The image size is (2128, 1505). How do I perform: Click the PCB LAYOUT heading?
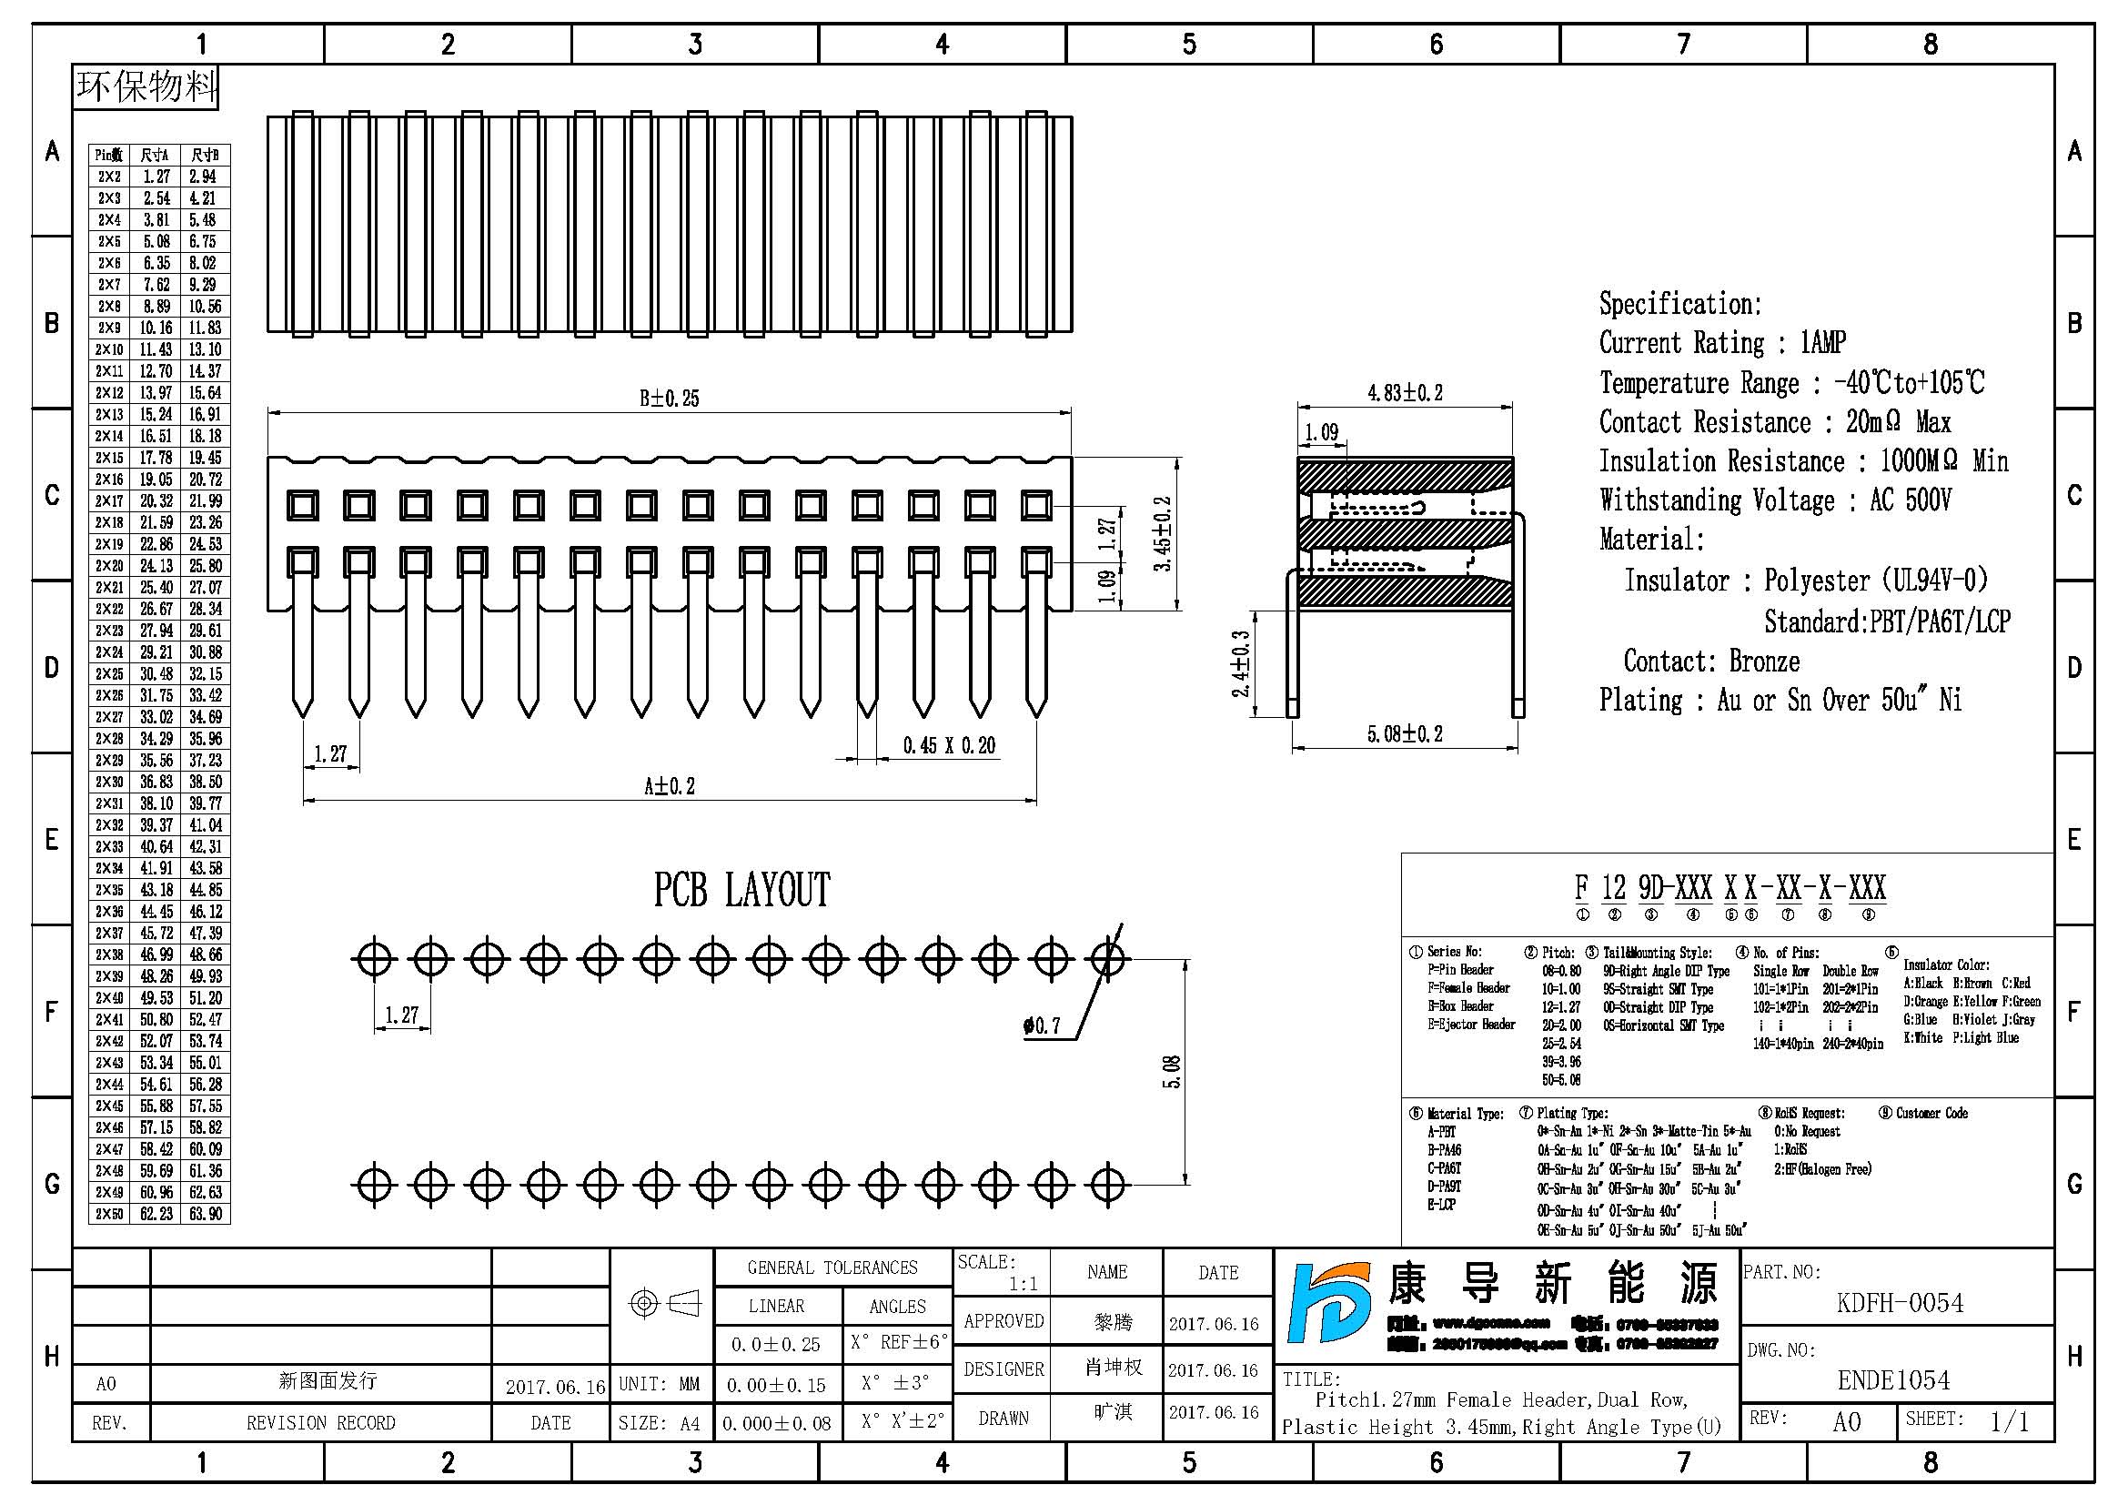coord(741,891)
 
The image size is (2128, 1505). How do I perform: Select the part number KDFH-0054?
coord(1899,1304)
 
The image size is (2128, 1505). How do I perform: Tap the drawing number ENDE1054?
coord(1893,1381)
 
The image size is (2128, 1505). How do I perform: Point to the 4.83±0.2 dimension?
coord(1405,393)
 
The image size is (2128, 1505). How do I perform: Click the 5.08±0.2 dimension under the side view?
coord(1405,735)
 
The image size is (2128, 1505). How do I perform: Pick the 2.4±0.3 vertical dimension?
coord(1241,663)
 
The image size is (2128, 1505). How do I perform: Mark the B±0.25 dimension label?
coord(670,399)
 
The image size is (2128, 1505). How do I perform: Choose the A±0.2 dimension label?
coord(670,787)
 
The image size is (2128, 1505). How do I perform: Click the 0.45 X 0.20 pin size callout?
coord(949,746)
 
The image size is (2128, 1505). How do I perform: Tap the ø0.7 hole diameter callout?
coord(1042,1025)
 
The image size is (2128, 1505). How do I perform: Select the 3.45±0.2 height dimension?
coord(1165,534)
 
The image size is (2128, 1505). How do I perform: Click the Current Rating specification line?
coord(1722,343)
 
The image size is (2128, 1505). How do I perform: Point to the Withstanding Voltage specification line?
coord(1775,500)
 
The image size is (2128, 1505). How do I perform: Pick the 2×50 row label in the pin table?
coord(109,1214)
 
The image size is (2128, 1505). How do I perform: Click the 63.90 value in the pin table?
coord(205,1214)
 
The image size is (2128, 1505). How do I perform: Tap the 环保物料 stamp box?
coord(146,87)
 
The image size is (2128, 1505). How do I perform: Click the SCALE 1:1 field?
coord(1001,1272)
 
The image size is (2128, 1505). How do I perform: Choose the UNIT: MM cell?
coord(659,1385)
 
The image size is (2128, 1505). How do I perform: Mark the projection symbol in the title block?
coord(663,1304)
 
